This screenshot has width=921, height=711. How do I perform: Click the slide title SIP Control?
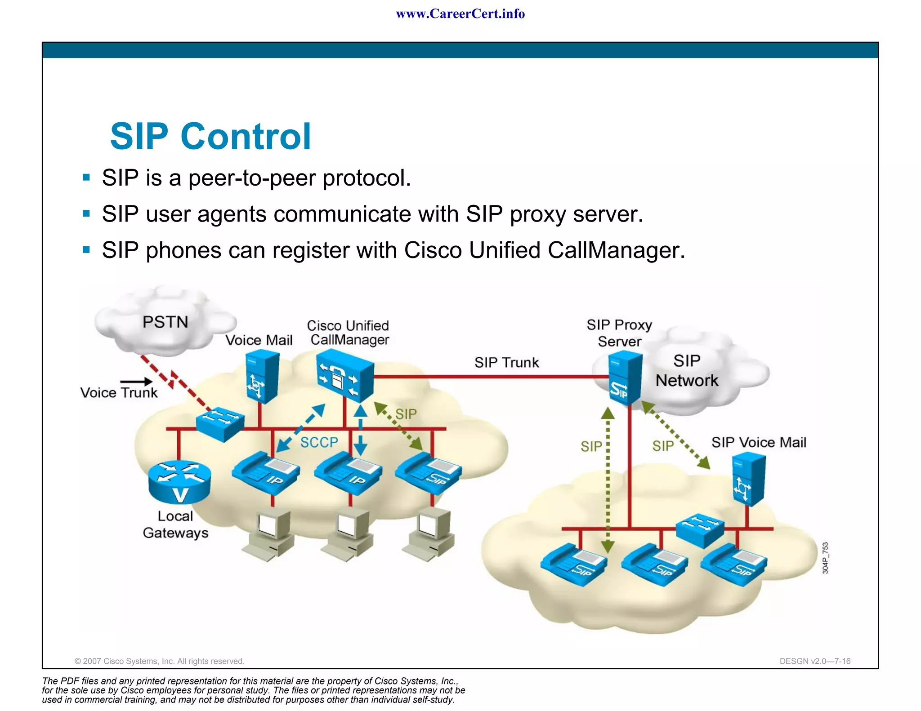coord(210,136)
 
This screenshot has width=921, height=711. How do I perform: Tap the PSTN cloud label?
coord(165,322)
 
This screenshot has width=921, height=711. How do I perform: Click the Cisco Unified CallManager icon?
coord(344,376)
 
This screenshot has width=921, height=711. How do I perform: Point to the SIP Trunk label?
coord(506,362)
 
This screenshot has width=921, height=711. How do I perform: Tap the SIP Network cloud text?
coord(687,371)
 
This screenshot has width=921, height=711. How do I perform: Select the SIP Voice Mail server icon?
coord(748,479)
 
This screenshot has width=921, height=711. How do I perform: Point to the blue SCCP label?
coord(319,442)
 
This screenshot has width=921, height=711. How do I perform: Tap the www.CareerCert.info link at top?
coord(460,14)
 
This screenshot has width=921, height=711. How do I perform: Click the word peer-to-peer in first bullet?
coord(252,178)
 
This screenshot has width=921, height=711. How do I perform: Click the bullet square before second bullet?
coord(86,213)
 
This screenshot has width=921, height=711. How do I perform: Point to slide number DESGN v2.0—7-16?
coord(815,661)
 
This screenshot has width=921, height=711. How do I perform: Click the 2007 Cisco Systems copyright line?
coord(159,661)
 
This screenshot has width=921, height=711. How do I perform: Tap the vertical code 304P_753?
coord(825,558)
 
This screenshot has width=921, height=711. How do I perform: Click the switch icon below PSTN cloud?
coord(220,424)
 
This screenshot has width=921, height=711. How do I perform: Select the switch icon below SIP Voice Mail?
coord(700,530)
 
